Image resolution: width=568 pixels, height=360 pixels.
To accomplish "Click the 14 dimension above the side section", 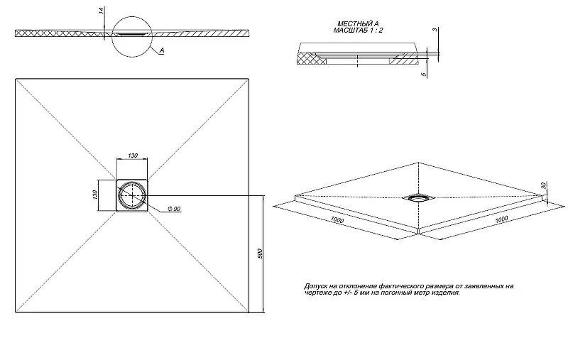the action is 102,10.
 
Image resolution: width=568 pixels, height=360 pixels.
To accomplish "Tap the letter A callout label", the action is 162,50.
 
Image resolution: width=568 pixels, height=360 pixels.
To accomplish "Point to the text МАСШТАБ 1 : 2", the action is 358,31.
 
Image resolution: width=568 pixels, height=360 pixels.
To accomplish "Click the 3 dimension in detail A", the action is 435,30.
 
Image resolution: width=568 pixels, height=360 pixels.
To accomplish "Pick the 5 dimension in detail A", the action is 424,75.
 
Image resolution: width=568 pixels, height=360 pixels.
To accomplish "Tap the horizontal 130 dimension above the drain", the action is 133,156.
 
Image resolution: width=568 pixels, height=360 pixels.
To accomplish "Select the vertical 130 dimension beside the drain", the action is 95,195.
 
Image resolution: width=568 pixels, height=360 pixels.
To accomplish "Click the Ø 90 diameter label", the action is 174,209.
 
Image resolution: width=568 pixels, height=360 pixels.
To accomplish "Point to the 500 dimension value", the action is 259,253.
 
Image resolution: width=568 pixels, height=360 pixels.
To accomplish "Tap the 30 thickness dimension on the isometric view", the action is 543,185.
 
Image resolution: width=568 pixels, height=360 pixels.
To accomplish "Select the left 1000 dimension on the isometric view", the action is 337,220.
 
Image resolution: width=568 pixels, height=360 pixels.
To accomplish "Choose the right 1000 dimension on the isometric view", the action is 501,219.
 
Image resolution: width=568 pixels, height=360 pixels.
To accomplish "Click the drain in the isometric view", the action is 419,197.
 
